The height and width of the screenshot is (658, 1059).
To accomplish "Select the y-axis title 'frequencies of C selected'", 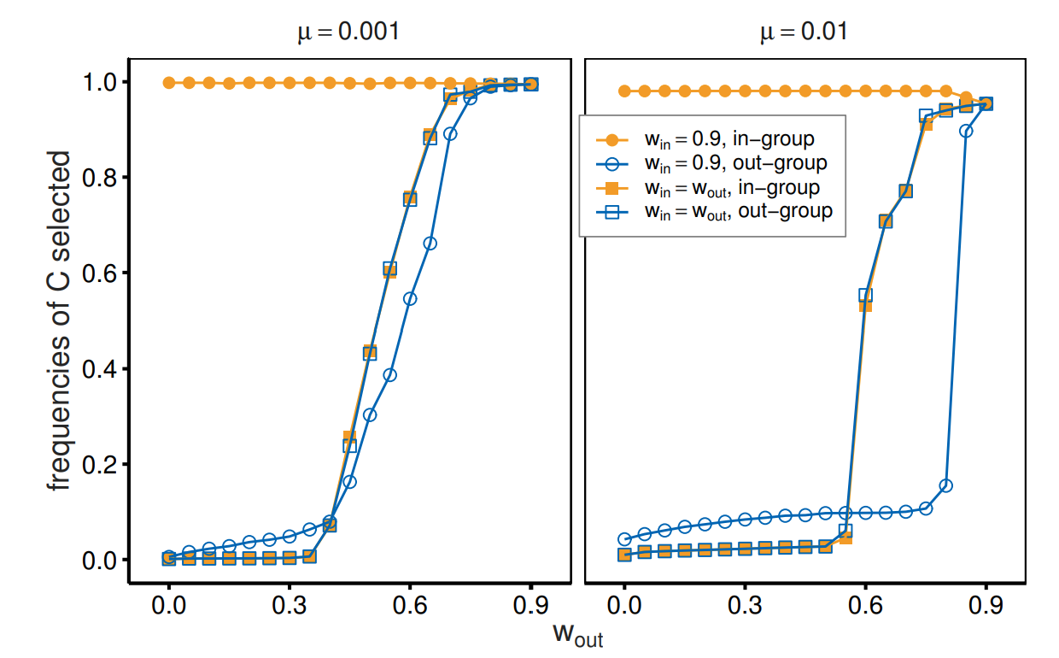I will [x=60, y=320].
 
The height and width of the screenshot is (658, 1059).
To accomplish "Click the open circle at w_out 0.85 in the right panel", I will [x=966, y=131].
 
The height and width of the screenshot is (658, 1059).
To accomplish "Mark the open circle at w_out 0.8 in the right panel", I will [x=945, y=485].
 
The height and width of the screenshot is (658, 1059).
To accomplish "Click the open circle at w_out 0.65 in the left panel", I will [x=430, y=244].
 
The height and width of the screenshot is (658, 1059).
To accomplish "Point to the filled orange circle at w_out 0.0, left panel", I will [x=169, y=83].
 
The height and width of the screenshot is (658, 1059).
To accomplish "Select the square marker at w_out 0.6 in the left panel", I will [x=410, y=199].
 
